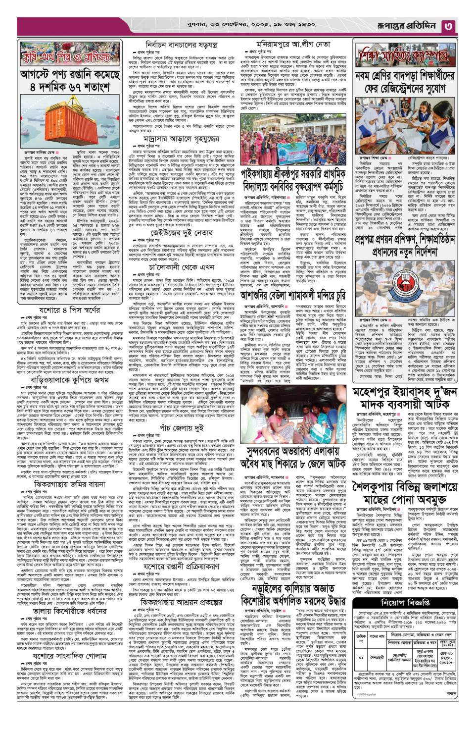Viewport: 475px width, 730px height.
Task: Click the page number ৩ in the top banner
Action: coord(448,26)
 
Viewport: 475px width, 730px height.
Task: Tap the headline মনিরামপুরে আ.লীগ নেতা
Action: coord(293,44)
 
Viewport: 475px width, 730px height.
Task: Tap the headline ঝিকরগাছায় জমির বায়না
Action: coord(69,484)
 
